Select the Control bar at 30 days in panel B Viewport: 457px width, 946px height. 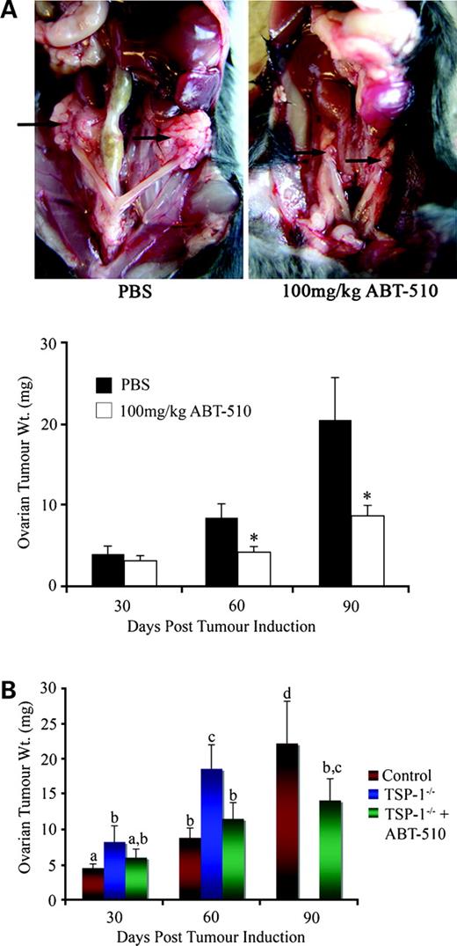tap(92, 884)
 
